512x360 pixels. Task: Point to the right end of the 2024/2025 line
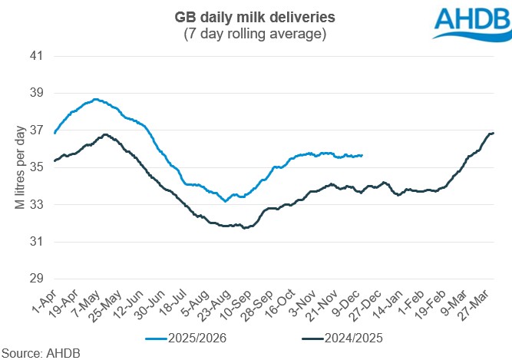tap(493, 133)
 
